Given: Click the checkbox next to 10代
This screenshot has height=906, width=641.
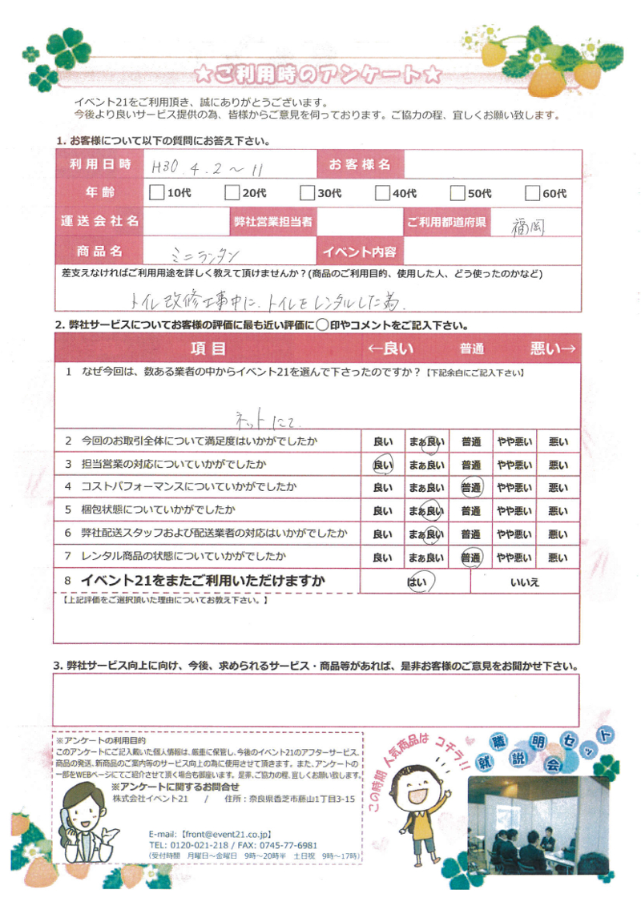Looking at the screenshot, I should (156, 192).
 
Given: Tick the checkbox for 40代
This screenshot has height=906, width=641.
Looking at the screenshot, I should (381, 192).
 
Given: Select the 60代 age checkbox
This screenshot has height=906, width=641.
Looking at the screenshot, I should (532, 192).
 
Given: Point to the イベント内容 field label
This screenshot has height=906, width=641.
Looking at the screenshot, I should (359, 252).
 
